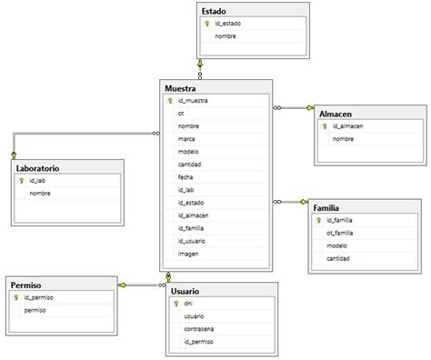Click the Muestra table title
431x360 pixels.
click(181, 86)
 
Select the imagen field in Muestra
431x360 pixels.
click(189, 254)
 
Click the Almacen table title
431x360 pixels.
click(336, 113)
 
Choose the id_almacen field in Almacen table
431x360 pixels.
click(349, 126)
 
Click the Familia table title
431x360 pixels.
click(330, 207)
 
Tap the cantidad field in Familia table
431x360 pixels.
click(339, 258)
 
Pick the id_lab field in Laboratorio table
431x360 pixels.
click(37, 181)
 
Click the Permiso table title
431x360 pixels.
click(27, 285)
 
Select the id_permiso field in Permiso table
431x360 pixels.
click(41, 297)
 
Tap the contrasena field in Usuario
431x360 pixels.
click(202, 328)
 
